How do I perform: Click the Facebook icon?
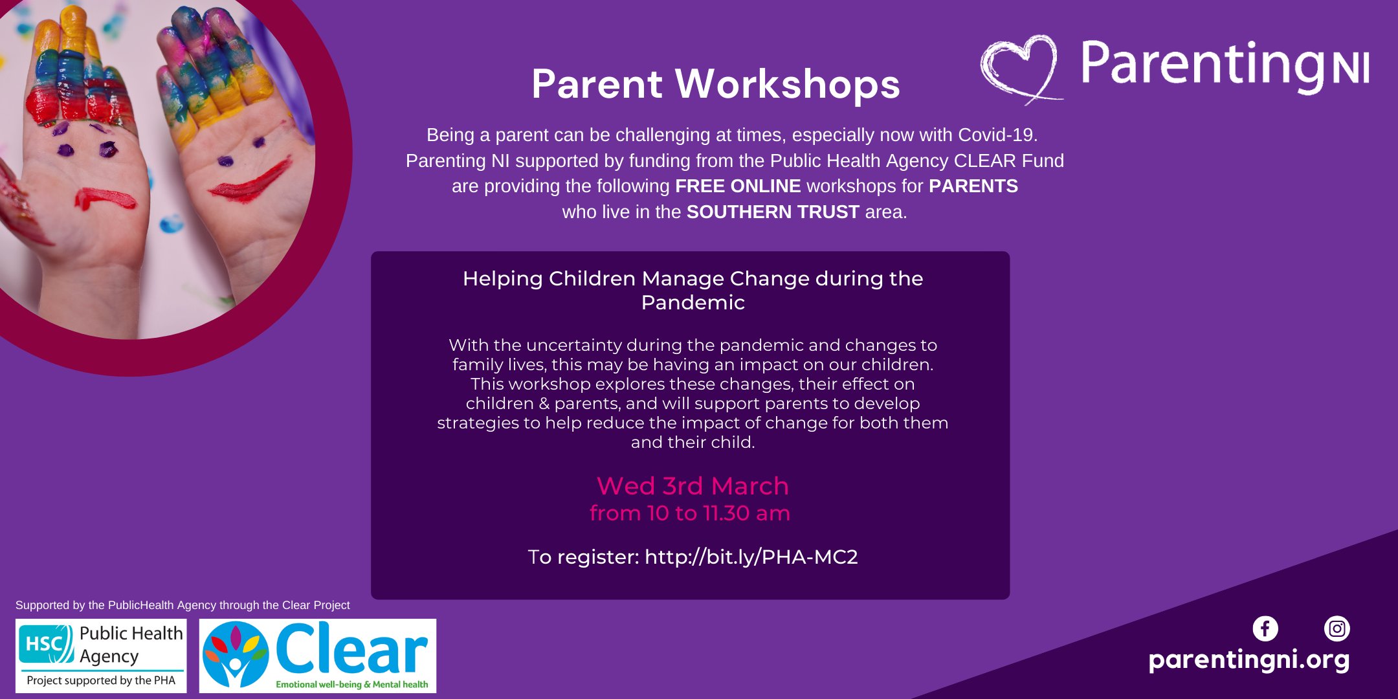(x=1265, y=628)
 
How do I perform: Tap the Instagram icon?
(x=1337, y=628)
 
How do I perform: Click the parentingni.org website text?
(x=1249, y=660)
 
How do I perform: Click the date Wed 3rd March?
(x=693, y=486)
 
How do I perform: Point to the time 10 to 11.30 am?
(x=718, y=513)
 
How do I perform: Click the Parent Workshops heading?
(x=716, y=84)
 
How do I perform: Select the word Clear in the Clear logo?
(x=352, y=649)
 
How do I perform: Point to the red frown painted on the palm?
(x=105, y=198)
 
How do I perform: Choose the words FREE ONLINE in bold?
(x=738, y=186)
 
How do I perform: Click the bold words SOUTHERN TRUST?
(x=773, y=212)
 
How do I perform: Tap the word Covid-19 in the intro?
(x=998, y=135)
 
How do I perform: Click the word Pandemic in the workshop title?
(x=693, y=303)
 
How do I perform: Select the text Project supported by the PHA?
(x=101, y=681)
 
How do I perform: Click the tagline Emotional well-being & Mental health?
(x=352, y=684)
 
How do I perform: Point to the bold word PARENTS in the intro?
(x=973, y=186)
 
